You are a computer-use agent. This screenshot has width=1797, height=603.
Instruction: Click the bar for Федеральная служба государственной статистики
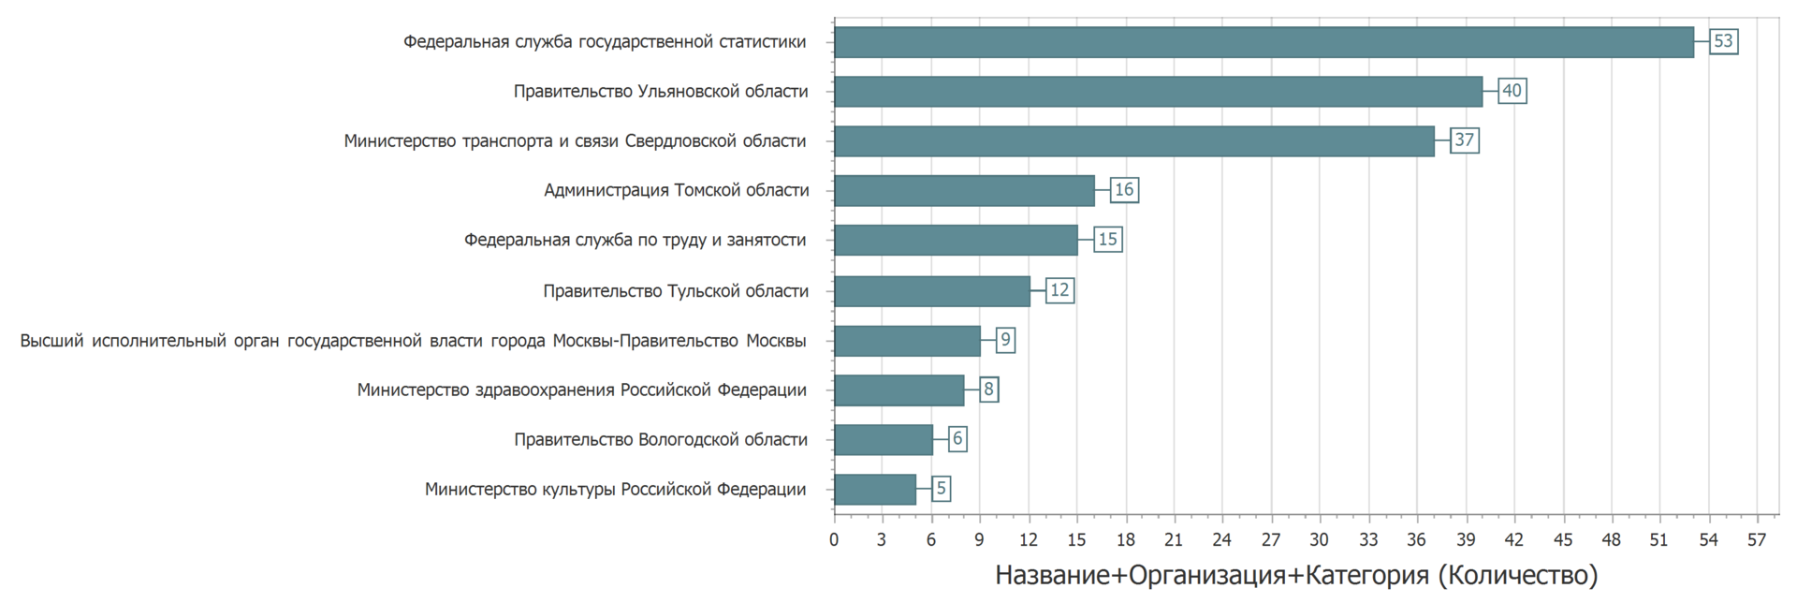[1264, 42]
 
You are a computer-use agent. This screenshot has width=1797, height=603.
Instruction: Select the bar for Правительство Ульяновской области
[1158, 92]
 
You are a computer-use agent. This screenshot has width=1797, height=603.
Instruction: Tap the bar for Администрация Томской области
[964, 191]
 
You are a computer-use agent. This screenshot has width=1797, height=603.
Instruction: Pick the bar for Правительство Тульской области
[931, 291]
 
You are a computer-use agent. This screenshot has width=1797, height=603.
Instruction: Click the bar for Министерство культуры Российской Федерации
[875, 490]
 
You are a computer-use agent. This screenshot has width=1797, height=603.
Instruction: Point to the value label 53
[1723, 42]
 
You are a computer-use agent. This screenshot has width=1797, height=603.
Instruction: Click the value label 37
[1464, 141]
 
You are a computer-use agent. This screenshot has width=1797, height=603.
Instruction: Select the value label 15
[1107, 241]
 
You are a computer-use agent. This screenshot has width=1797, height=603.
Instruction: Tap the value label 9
[1004, 340]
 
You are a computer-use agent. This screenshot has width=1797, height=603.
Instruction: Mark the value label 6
[957, 439]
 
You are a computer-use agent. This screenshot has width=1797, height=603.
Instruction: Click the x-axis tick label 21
[1174, 540]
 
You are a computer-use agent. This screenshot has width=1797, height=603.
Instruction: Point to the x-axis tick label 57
[1757, 540]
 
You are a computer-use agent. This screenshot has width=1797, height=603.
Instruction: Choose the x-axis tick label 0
[834, 540]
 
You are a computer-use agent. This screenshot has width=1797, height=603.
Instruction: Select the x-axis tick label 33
[1368, 540]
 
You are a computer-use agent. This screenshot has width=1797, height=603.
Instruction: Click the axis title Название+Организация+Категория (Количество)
[1296, 575]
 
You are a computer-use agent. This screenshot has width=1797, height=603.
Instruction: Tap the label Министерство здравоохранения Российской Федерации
[581, 390]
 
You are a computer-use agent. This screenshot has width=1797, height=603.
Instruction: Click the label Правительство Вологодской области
[661, 440]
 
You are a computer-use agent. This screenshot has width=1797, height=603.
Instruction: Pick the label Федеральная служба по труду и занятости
[635, 241]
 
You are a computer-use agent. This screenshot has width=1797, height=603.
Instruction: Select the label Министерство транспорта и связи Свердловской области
[575, 141]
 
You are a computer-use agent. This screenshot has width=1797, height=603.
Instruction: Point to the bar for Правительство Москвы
[907, 341]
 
